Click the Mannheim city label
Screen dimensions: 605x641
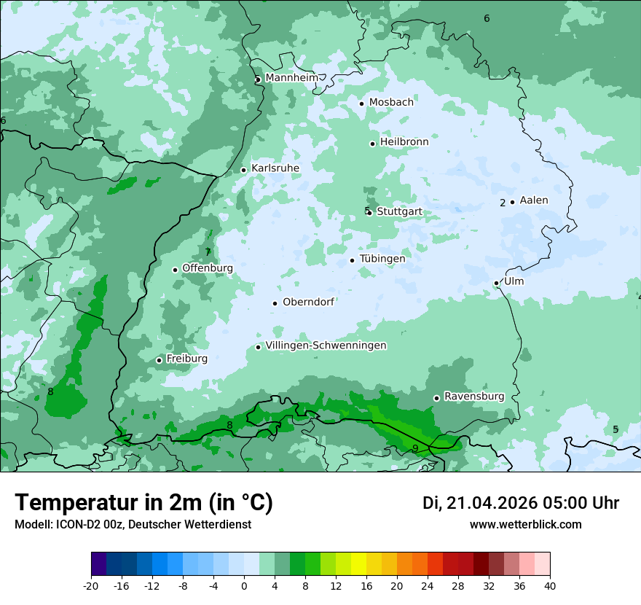coord(291,78)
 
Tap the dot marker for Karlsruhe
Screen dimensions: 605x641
coord(244,170)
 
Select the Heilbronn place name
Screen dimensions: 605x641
coord(404,142)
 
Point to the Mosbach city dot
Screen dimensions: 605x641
coord(361,104)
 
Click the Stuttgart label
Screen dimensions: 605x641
coord(399,212)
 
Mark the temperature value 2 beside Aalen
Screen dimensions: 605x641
coord(503,203)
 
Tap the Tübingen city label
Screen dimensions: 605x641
coord(382,259)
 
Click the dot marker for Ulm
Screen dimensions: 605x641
coord(496,283)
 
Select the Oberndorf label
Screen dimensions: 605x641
coord(308,302)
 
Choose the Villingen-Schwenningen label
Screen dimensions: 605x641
coord(326,346)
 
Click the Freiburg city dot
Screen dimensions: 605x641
coord(159,360)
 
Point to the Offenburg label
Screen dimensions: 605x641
coord(208,268)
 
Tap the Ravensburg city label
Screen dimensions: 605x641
coord(474,397)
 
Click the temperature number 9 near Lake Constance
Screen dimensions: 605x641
coord(415,448)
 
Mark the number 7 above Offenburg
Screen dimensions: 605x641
coord(208,252)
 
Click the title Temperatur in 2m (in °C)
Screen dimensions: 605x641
coord(143,503)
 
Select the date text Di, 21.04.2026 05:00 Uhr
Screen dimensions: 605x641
coord(521,503)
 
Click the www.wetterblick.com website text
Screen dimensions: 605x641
coord(525,524)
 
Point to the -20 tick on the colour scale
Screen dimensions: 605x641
coord(91,585)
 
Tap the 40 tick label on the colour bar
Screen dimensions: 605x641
coord(549,585)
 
